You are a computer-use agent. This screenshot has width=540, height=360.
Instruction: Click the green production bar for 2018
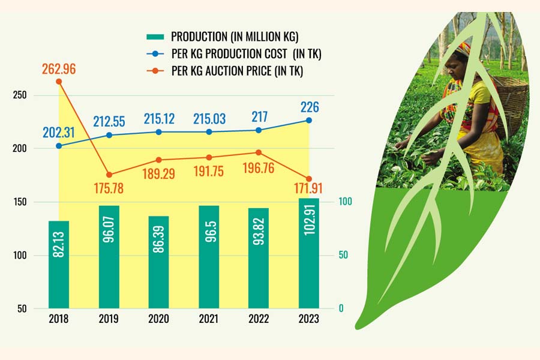[x=59, y=264]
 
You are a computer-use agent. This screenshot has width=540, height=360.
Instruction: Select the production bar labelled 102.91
[x=309, y=253]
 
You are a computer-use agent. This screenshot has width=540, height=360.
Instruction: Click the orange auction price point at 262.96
[x=59, y=82]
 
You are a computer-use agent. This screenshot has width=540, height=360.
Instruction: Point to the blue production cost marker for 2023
[x=309, y=121]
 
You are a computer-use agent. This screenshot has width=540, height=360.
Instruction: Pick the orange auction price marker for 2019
[x=109, y=175]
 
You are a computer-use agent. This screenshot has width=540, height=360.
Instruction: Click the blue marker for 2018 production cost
[x=59, y=146]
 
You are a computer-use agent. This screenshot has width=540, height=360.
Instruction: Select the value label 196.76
[x=259, y=168]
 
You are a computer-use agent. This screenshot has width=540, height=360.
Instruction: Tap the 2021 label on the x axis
[x=209, y=320]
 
